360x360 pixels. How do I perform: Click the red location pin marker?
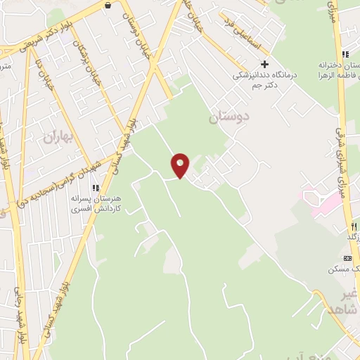point(181,165)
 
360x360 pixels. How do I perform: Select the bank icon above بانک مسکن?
point(347,257)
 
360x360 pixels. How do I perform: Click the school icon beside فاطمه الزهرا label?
point(345,55)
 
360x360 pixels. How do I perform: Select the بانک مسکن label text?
point(344,269)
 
